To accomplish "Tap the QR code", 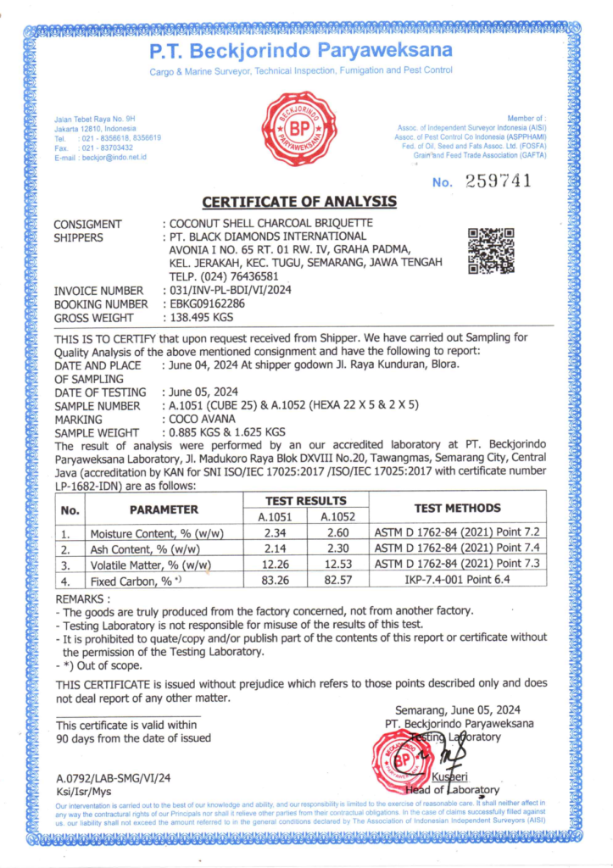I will coord(491,250).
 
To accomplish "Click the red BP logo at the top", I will coord(299,129).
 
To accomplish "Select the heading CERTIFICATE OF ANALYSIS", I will coord(299,202).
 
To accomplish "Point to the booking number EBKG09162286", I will coord(206,304).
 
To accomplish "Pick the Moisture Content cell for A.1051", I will coord(273,533).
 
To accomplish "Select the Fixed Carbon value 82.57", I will coord(334,581).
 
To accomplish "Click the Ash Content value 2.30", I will coord(334,549).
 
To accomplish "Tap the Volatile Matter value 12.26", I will coord(273,565).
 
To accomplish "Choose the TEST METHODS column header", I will coord(457,509).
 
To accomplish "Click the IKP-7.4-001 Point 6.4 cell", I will coord(457,581).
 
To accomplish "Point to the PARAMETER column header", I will coord(164,509).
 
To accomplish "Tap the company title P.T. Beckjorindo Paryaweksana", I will coord(301,51).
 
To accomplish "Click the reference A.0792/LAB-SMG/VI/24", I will coord(113,777).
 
